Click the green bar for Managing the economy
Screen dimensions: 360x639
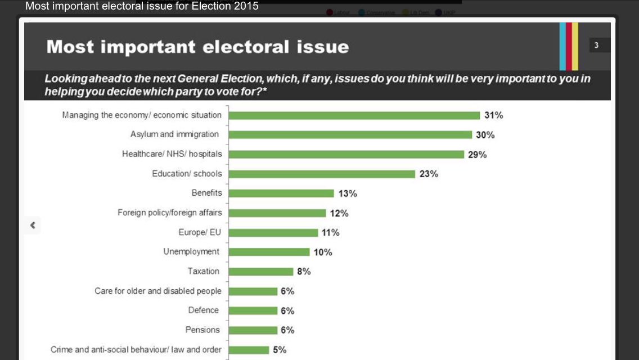click(x=354, y=115)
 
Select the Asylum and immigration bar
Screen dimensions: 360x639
click(x=350, y=134)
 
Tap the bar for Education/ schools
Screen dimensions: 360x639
click(x=322, y=174)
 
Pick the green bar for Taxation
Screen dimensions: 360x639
click(x=261, y=272)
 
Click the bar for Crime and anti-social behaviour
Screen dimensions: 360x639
click(x=249, y=350)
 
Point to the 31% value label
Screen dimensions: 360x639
click(x=493, y=115)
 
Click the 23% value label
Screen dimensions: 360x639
click(x=429, y=174)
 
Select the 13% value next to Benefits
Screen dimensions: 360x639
click(x=348, y=193)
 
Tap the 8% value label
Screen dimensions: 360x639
click(x=304, y=272)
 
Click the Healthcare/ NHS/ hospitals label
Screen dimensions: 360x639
click(x=172, y=154)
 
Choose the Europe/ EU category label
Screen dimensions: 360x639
click(x=200, y=232)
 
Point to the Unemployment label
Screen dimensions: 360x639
click(x=191, y=251)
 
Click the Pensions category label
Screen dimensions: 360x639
click(x=202, y=330)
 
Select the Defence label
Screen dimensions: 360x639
click(x=203, y=310)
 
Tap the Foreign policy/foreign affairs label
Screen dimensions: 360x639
click(x=169, y=213)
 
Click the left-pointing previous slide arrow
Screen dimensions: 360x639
click(x=33, y=225)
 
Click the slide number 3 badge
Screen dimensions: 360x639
click(x=597, y=46)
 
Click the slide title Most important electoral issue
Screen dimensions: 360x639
click(x=197, y=47)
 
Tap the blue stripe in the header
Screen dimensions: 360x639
click(x=562, y=46)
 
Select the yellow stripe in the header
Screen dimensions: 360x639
click(x=575, y=46)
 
